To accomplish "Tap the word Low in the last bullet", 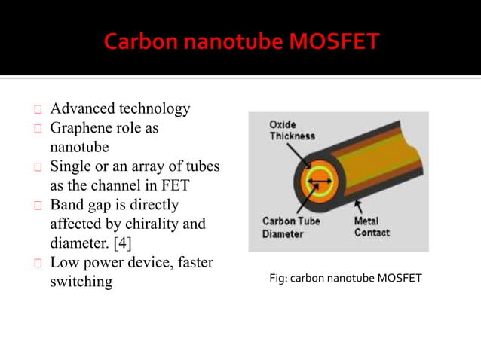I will click(63, 263).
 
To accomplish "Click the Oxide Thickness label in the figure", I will click(292, 130).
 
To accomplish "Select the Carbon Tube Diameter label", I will click(290, 227).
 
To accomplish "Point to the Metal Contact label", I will click(372, 227).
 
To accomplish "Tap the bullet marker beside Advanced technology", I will click(38, 110).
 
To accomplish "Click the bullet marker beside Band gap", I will click(38, 206).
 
